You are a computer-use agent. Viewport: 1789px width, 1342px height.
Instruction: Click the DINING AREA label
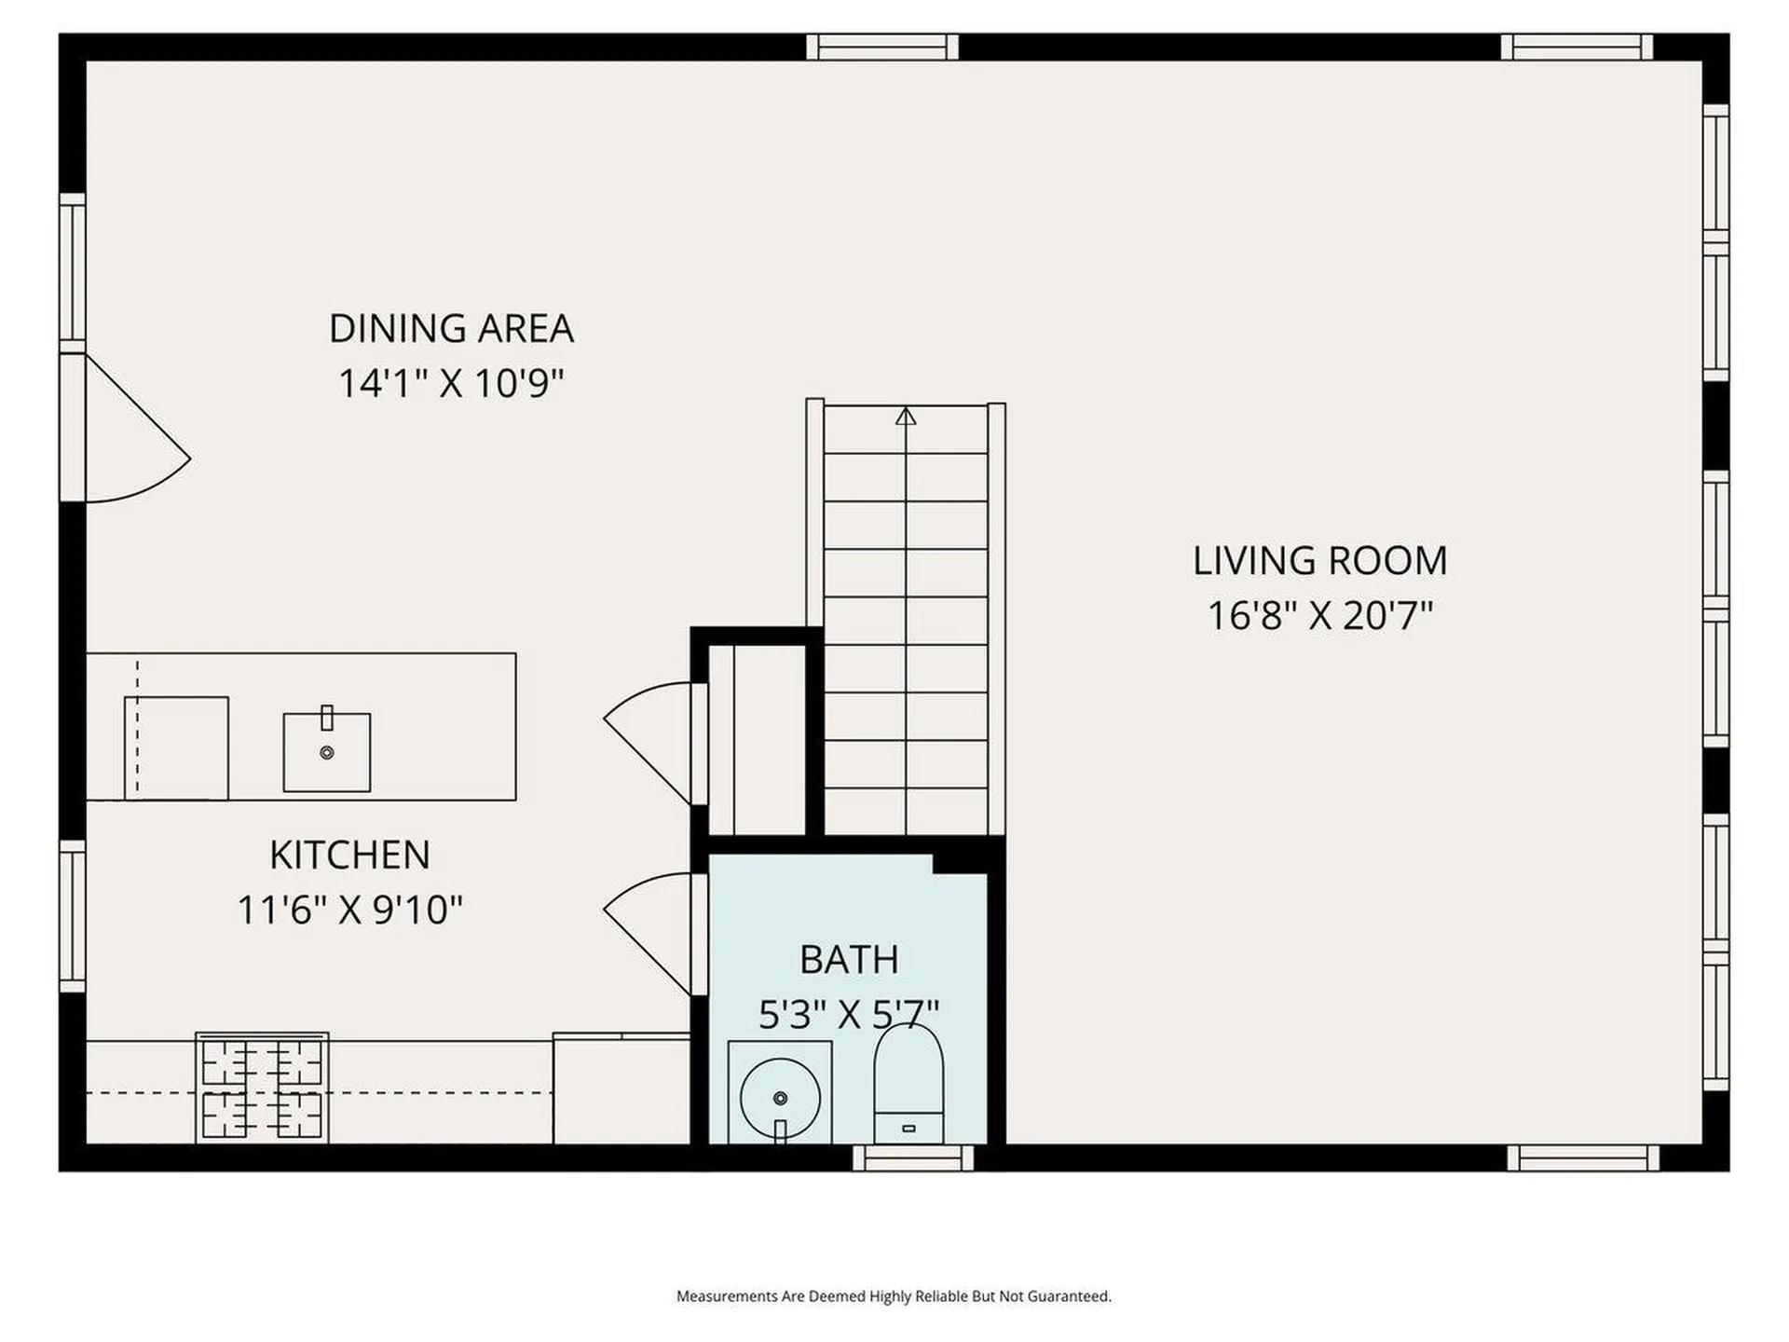[451, 328]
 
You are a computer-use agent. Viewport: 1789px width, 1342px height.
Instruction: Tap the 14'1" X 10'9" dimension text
[451, 383]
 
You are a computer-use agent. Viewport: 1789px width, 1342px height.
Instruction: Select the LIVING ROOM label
[1319, 560]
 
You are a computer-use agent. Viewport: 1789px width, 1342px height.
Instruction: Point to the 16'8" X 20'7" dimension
[1319, 615]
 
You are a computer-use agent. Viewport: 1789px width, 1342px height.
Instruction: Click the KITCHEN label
[349, 855]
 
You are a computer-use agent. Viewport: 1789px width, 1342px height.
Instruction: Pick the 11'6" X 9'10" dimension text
[349, 910]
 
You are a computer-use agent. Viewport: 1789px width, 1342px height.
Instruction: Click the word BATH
[848, 959]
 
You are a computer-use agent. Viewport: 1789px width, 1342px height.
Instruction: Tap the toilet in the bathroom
[908, 1086]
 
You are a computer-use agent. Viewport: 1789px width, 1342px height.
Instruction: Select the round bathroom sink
[780, 1097]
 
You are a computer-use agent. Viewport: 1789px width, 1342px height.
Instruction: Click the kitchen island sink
[326, 751]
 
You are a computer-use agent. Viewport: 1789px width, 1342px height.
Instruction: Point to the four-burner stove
[262, 1089]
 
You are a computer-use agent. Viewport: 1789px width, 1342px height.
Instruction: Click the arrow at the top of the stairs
[906, 416]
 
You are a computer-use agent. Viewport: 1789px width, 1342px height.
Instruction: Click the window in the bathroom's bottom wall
[912, 1157]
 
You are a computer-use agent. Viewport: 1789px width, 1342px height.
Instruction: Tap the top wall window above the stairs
[881, 47]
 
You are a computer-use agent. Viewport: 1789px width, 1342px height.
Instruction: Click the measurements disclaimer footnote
[894, 1296]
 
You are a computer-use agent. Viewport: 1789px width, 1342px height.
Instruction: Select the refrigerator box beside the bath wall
[621, 1089]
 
